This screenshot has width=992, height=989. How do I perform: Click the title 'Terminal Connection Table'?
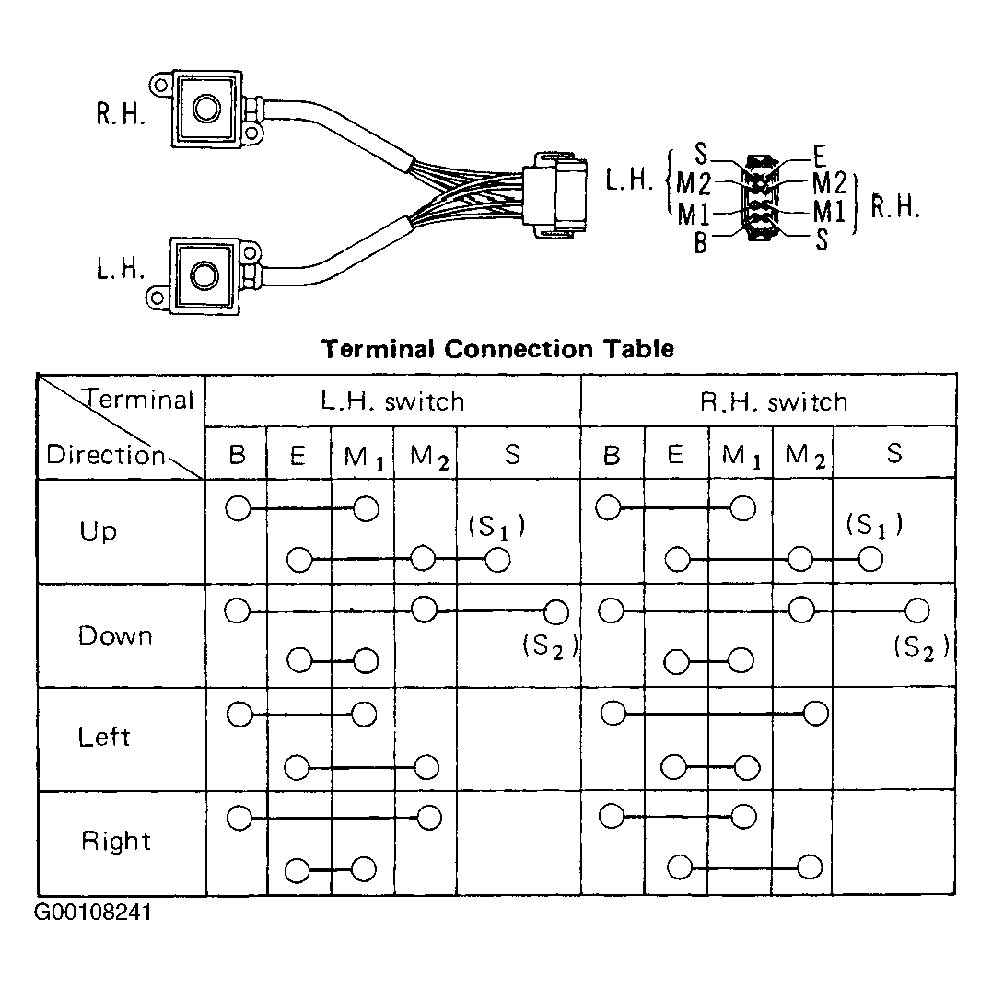(x=498, y=349)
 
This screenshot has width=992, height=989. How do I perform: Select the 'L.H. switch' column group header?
(x=393, y=401)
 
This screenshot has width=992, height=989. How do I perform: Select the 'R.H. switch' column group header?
(x=774, y=401)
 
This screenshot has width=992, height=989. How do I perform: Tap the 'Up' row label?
(x=98, y=531)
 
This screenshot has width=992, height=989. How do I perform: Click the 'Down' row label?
(x=115, y=635)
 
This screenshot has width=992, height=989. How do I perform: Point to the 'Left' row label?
(x=104, y=737)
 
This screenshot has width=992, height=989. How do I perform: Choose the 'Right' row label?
(x=116, y=841)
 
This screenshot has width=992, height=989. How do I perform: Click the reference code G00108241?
(x=92, y=913)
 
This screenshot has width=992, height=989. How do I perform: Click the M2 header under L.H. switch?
(x=429, y=457)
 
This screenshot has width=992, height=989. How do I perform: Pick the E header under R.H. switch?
(x=676, y=454)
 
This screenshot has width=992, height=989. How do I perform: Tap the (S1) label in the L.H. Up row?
(x=496, y=526)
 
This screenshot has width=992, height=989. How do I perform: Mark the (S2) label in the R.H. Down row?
(x=921, y=647)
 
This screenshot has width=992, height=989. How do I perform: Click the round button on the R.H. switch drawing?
(x=206, y=108)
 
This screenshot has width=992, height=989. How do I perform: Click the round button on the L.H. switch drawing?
(x=204, y=275)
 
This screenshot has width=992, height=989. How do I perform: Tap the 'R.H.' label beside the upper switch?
(x=121, y=114)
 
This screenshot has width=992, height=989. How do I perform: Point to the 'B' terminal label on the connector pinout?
(x=700, y=243)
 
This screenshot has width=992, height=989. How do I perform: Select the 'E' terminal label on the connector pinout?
(x=819, y=156)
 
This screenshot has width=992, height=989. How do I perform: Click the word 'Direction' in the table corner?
(x=106, y=455)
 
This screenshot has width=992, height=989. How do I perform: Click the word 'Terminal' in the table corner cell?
(x=139, y=400)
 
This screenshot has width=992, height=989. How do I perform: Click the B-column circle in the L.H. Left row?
(x=239, y=715)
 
